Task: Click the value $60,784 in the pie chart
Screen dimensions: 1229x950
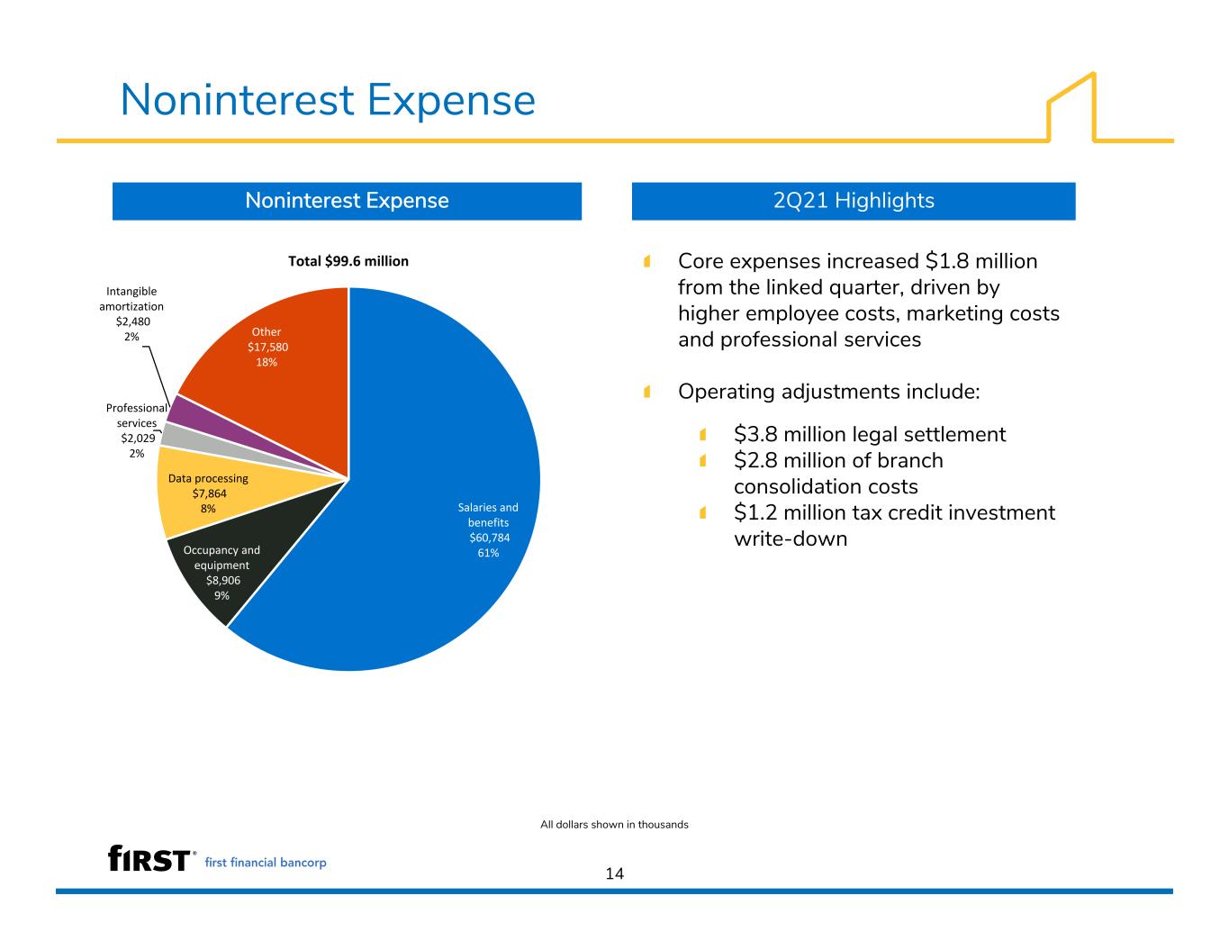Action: tap(489, 538)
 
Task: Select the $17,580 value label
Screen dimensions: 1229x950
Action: tap(267, 348)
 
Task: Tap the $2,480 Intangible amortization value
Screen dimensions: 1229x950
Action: tap(133, 321)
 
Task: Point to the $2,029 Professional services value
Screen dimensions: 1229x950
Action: tap(138, 439)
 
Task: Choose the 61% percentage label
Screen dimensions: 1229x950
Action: tap(488, 553)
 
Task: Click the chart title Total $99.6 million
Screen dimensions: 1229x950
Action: tap(348, 261)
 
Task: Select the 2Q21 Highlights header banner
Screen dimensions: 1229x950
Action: tap(854, 201)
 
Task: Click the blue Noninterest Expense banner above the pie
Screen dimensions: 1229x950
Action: tap(347, 201)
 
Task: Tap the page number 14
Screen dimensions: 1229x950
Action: tap(615, 873)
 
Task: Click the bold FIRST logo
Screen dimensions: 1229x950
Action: tap(149, 858)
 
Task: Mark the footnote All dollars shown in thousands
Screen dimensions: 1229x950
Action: tap(614, 825)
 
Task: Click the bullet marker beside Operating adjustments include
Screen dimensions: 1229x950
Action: tap(647, 392)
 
